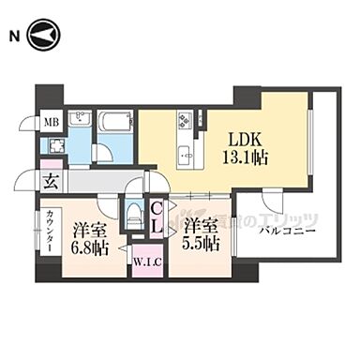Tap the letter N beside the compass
coord(13,37)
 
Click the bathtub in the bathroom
coord(115,122)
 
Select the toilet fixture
coord(135,214)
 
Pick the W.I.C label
coord(145,262)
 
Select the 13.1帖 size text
coord(242,157)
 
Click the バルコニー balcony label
coord(288,231)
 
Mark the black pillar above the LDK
coord(247,96)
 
